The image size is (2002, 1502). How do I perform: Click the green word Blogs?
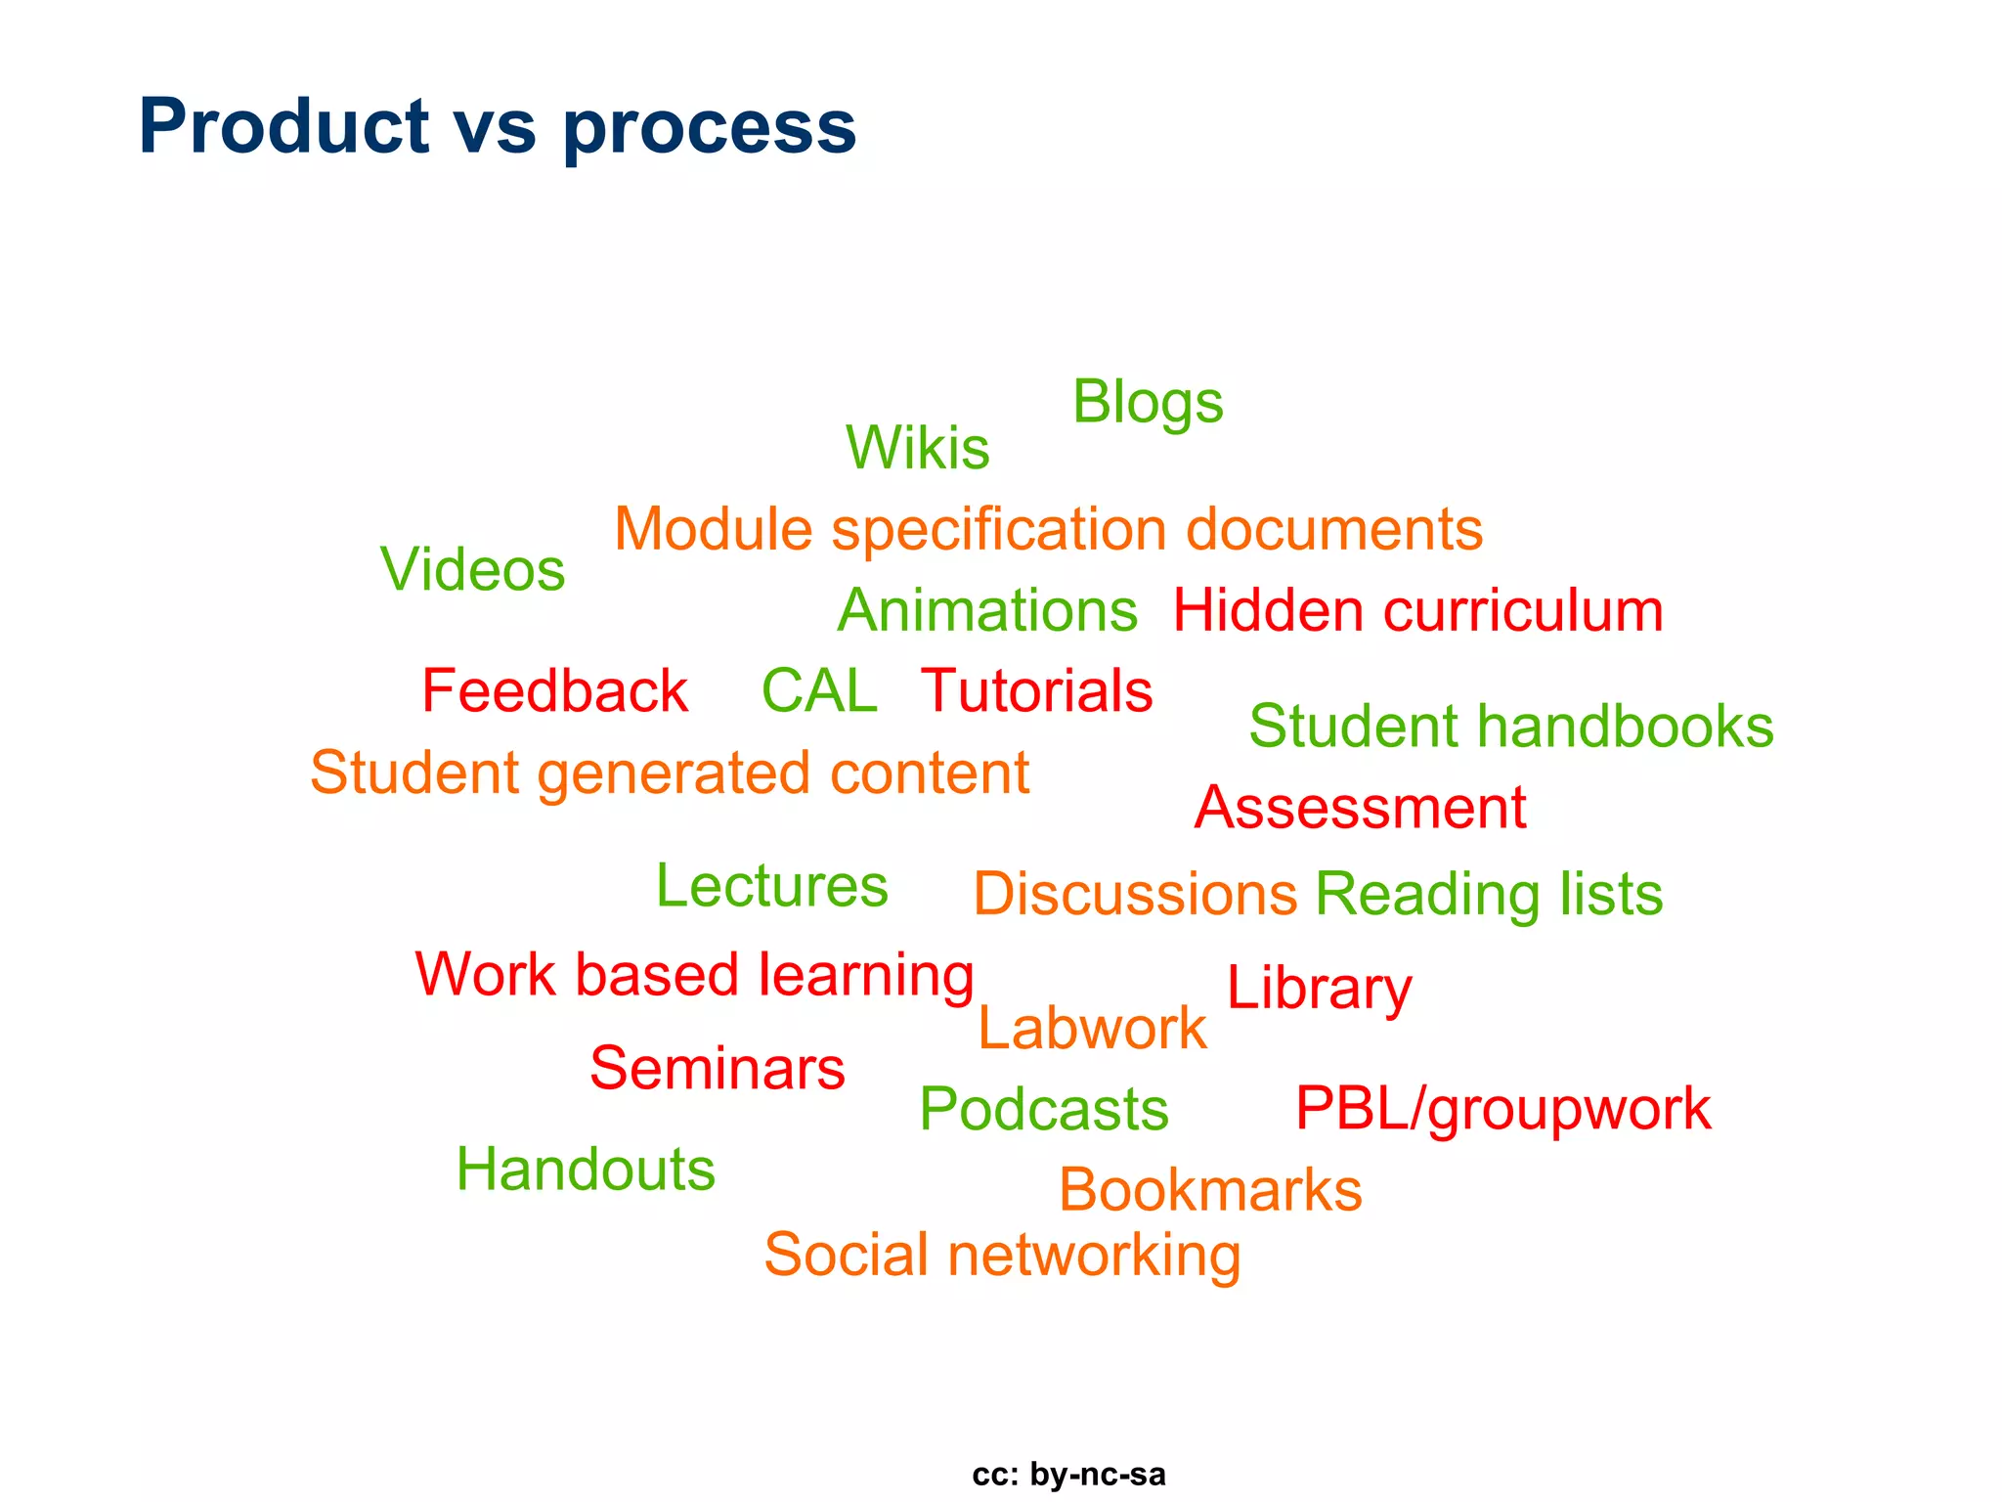tap(1148, 403)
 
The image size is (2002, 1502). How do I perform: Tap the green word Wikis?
tap(917, 448)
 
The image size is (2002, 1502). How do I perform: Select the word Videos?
tap(472, 569)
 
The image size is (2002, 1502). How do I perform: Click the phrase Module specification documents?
tap(1048, 530)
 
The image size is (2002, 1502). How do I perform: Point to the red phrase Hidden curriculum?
tap(1417, 611)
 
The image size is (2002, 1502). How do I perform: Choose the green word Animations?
tap(987, 611)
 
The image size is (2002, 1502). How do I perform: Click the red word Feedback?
tap(554, 691)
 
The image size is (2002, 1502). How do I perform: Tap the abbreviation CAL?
tap(819, 691)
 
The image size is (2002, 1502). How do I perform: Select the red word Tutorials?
tap(1037, 691)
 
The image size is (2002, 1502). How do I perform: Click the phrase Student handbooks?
tap(1511, 727)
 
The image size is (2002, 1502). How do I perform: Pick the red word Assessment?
tap(1360, 808)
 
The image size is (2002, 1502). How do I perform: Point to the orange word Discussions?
tap(1135, 894)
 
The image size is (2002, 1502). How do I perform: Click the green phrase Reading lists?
tap(1489, 894)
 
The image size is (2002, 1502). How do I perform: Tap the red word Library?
tap(1319, 988)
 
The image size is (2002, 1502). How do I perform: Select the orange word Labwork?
tap(1092, 1029)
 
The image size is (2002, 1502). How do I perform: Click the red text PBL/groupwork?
tap(1502, 1109)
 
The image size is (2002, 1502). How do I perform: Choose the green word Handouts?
tap(586, 1170)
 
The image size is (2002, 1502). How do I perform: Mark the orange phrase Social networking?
tap(1002, 1255)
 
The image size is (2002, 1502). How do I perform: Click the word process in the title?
tap(710, 127)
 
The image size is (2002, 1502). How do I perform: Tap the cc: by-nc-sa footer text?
tap(1068, 1475)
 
